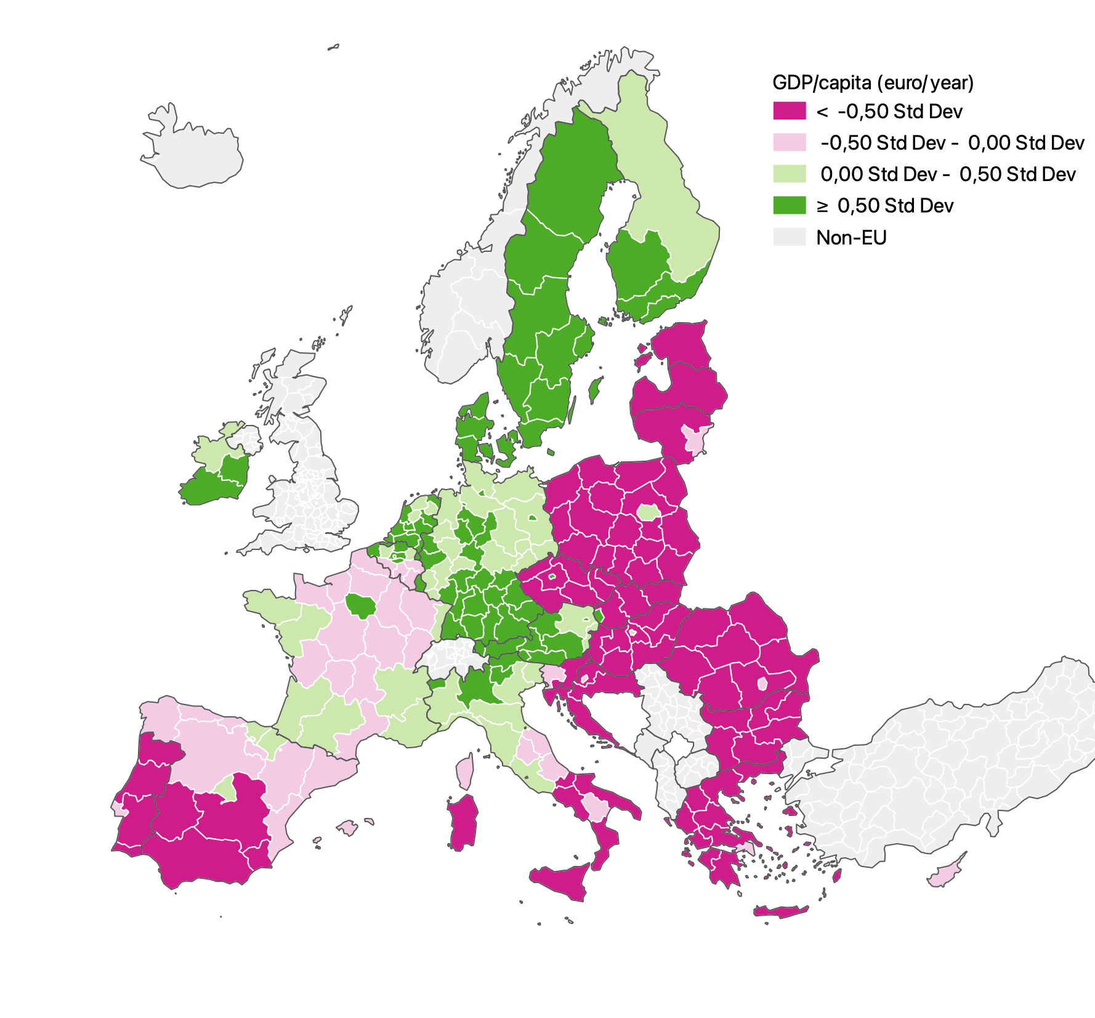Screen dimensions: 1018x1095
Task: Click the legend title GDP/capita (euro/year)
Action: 873,83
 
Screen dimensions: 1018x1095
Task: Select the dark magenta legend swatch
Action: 789,111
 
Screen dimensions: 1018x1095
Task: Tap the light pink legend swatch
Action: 789,142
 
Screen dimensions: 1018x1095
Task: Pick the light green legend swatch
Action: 789,174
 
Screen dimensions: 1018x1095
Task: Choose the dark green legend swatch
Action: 789,205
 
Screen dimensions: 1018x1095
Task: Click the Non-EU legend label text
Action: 851,237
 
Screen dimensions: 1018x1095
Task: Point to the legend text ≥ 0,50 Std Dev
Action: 885,205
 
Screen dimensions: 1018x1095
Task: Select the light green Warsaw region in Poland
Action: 648,512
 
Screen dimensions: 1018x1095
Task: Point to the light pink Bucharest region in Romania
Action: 762,683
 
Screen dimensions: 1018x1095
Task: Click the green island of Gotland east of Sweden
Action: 595,390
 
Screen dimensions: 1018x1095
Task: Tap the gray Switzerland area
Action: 453,655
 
